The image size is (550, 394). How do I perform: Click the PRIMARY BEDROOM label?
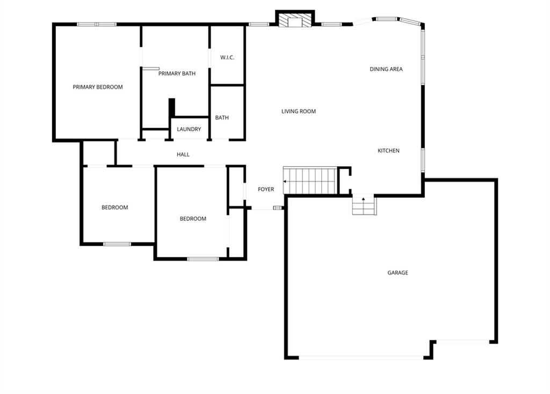pos(98,87)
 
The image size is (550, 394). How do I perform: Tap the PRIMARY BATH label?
pos(177,73)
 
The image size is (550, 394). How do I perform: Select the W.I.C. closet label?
pos(227,57)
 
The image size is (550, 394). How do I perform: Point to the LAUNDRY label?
pos(189,129)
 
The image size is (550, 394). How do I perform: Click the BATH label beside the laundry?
pos(222,118)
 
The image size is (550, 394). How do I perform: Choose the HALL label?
pos(183,154)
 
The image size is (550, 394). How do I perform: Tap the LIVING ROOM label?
pos(299,111)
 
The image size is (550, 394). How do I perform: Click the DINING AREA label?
pos(386,69)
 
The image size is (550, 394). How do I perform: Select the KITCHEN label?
pos(388,151)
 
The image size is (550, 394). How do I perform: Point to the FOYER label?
pos(266,189)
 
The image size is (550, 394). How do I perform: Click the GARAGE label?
pos(398,272)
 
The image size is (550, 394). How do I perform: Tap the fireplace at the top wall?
pos(295,20)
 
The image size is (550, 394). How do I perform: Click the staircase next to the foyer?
pos(310,181)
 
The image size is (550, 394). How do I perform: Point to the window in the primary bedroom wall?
pos(97,24)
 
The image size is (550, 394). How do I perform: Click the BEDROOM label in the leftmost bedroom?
pos(115,207)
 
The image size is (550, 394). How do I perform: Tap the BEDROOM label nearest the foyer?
pos(193,219)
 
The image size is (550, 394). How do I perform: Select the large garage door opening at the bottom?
pos(361,358)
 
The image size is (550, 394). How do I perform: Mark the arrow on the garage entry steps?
pos(364,199)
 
